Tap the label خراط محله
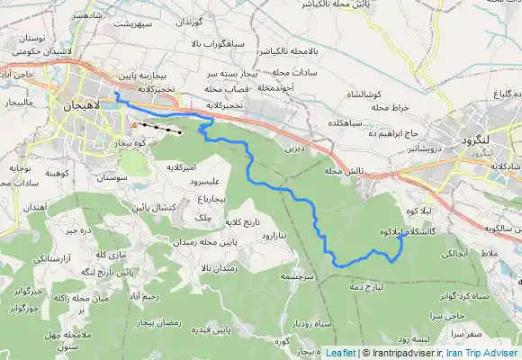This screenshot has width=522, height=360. click(389, 107)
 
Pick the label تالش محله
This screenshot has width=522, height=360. click(344, 170)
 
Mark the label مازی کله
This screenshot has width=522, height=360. click(89, 253)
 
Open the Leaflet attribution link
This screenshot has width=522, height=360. click(341, 353)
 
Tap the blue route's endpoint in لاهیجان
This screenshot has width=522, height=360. click(115, 93)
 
